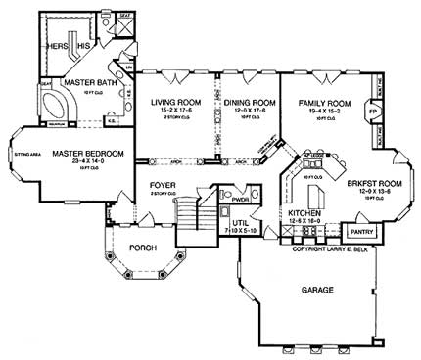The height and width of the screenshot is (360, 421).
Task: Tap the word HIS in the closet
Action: click(84, 46)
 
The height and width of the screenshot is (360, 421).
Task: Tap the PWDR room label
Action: click(239, 199)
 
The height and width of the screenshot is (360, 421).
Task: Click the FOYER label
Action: click(163, 184)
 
